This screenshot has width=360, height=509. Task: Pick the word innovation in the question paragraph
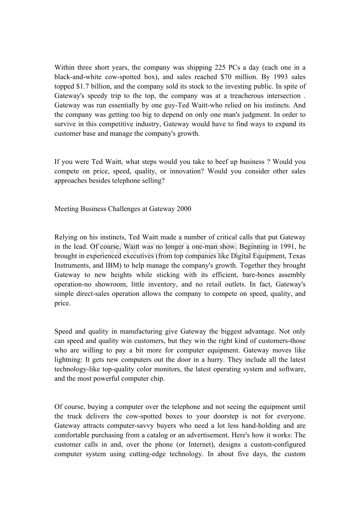point(186,171)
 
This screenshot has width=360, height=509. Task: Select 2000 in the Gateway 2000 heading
point(184,209)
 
